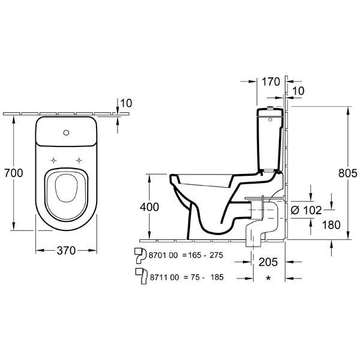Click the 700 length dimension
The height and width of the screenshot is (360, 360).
tap(14, 173)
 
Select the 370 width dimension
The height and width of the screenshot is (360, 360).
tap(66, 250)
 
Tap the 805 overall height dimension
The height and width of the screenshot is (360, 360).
tap(348, 173)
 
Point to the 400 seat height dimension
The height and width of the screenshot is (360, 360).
tap(149, 207)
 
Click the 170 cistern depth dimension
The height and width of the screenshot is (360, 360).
tap(271, 82)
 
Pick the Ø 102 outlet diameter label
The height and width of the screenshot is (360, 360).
tap(306, 210)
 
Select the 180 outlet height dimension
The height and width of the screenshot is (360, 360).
tap(331, 225)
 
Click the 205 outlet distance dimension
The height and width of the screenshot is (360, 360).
tap(268, 262)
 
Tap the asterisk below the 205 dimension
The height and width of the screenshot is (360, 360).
tap(268, 278)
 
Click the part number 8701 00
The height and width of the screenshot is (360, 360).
tap(163, 255)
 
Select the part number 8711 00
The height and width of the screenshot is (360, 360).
tap(164, 277)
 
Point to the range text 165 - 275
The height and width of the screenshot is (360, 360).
tap(206, 255)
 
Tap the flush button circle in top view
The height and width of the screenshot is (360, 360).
tap(66, 133)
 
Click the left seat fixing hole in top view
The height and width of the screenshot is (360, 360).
tap(53, 160)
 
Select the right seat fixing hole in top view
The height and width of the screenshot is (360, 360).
tap(79, 160)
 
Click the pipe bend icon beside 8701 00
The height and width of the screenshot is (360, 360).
tap(140, 256)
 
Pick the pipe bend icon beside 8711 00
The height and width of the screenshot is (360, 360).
tap(141, 277)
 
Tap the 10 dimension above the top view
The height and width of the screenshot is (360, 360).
tap(126, 103)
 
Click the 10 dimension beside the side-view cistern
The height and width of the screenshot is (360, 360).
tap(298, 91)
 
